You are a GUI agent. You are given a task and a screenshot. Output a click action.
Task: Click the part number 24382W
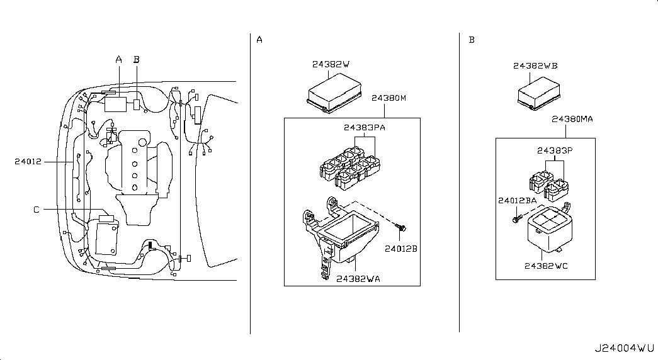331,64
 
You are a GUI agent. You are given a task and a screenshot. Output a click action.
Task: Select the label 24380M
389,98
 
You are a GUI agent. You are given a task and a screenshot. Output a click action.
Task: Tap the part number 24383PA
364,127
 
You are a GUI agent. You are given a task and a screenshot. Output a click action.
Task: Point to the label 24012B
401,249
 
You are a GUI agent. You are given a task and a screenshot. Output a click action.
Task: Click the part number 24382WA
358,279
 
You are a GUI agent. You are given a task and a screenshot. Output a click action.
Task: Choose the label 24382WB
535,66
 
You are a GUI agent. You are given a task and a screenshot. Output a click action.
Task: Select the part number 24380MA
572,119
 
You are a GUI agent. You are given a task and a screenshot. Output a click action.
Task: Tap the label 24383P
555,150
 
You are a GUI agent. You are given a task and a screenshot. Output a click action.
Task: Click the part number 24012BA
518,201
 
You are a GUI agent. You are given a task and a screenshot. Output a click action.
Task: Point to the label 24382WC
546,266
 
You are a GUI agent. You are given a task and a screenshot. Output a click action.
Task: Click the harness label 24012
28,162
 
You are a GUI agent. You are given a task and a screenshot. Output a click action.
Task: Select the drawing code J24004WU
624,348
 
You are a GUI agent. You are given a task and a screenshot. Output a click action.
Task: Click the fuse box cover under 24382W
334,93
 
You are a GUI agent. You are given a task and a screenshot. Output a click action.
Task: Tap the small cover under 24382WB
539,94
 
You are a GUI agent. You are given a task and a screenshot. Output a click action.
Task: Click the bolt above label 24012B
401,228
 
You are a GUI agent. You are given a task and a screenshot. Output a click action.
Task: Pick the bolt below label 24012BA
517,218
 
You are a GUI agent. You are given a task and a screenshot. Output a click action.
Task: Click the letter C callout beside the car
37,210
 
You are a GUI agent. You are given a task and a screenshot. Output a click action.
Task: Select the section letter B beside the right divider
472,40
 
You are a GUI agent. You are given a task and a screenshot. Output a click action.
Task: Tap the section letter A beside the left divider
259,40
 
